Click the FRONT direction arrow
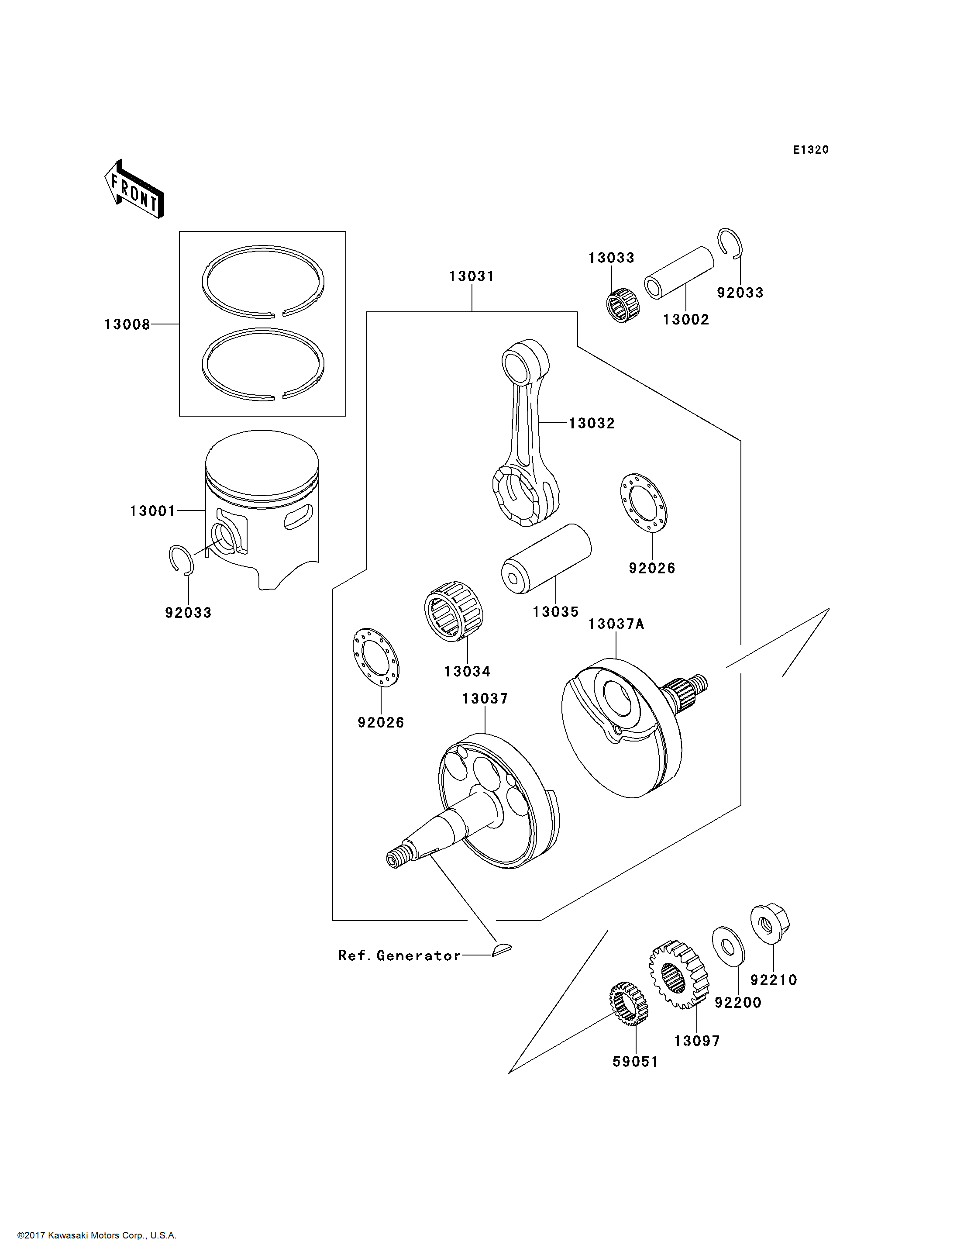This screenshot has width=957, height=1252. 134,190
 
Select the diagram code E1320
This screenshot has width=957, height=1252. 811,150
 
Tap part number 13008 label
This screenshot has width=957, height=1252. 127,325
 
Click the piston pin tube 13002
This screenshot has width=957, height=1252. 678,272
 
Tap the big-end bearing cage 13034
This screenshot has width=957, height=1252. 454,611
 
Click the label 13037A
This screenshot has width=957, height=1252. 616,624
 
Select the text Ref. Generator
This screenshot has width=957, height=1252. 399,955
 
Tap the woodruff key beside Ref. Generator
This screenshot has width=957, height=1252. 501,949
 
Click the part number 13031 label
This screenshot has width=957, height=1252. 471,276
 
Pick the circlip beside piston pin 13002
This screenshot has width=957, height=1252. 730,243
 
